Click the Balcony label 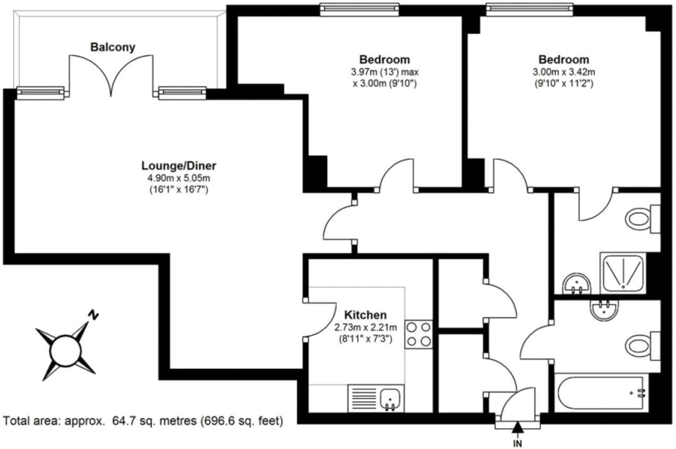point(113,47)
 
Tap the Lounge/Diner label point(179,166)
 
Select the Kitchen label point(366,315)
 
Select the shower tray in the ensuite point(623,273)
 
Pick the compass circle point(65,351)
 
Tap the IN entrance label point(518,444)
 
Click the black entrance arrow point(518,427)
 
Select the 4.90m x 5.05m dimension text point(179,178)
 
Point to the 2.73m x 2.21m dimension point(366,327)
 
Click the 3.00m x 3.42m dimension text point(564,72)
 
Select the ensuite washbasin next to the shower point(577,283)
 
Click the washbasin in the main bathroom point(604,310)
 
